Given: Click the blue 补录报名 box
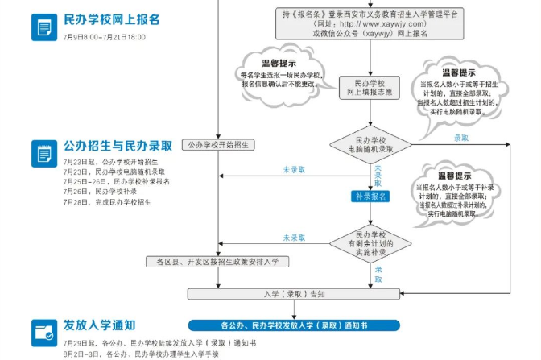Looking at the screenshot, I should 371,197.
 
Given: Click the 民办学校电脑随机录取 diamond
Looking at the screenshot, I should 371,145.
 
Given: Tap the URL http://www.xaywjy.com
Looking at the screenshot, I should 370,23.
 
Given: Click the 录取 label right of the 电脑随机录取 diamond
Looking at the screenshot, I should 461,139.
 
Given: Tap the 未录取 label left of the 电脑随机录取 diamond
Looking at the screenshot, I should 294,169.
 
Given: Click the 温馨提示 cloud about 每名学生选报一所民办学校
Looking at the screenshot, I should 279,72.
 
